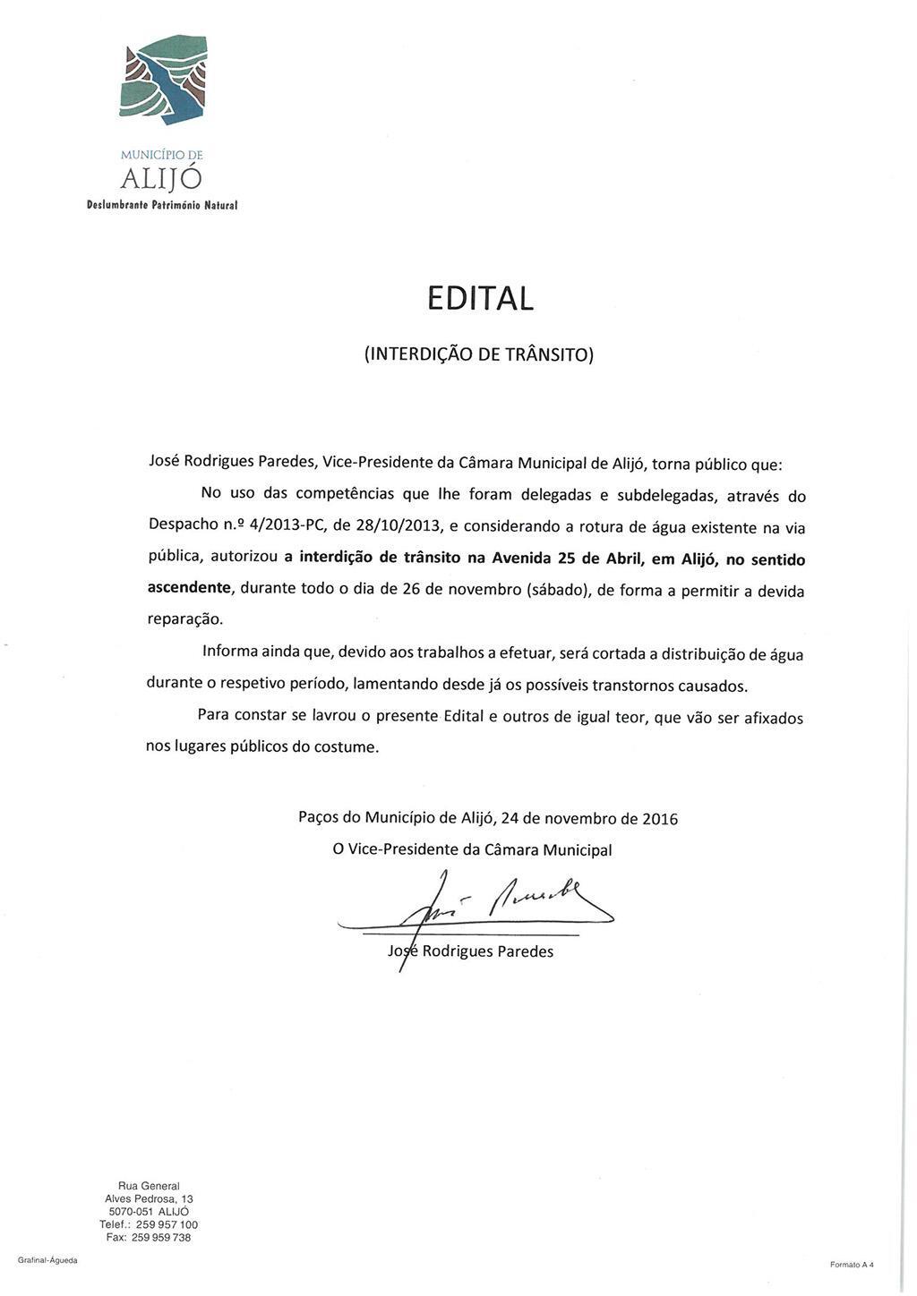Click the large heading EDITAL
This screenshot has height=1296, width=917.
pos(480,298)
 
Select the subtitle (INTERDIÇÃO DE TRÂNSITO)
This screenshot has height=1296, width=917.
pos(479,354)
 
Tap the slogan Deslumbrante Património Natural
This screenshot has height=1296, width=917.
pos(162,205)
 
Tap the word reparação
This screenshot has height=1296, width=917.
pos(184,619)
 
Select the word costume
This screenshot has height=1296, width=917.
pos(346,746)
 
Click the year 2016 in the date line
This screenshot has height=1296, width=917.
pos(660,818)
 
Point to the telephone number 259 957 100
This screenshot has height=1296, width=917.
pos(167,1224)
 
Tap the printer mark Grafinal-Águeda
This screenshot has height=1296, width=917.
pos(47,1260)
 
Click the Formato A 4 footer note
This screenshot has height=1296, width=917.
pos(851,1264)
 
